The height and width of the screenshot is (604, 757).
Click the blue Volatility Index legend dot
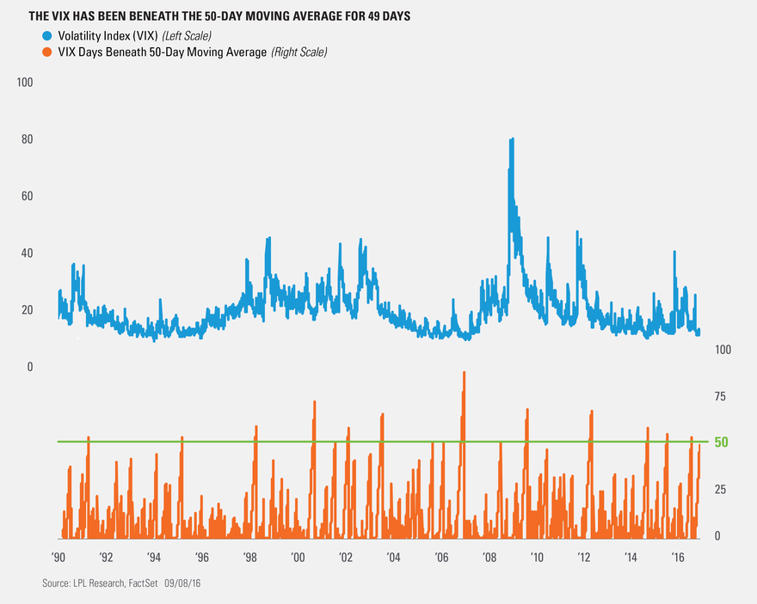click(x=46, y=36)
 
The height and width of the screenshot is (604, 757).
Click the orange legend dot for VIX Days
click(x=46, y=52)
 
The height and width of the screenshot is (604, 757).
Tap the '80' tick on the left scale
click(x=25, y=139)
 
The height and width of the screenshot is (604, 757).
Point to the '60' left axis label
click(x=25, y=196)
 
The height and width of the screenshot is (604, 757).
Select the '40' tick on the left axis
click(x=25, y=253)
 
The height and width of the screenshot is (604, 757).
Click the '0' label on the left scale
click(x=29, y=367)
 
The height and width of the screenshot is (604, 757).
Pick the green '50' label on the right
click(x=722, y=442)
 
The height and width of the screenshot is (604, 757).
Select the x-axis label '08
click(x=489, y=557)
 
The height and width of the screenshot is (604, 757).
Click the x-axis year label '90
click(x=58, y=557)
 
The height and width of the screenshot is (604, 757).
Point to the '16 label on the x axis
click(x=679, y=557)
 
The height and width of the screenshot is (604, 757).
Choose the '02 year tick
click(x=345, y=557)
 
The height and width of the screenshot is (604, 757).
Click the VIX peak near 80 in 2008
click(x=512, y=139)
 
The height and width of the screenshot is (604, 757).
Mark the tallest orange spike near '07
click(x=464, y=373)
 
